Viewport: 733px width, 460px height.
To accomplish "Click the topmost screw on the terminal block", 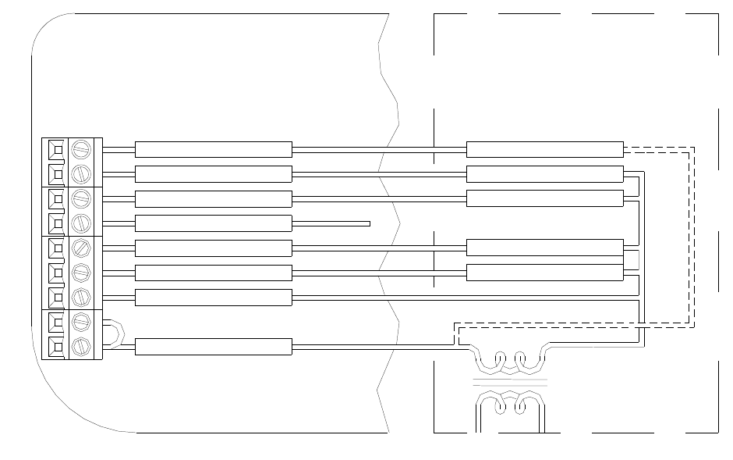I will click(82, 149).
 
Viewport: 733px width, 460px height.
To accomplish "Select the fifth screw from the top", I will click(82, 248).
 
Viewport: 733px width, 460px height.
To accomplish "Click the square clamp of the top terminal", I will click(57, 149).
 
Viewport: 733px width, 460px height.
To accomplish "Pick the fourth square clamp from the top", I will click(57, 223).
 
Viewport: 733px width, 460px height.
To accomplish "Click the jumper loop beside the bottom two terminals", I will click(114, 333).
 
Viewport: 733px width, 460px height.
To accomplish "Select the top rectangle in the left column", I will click(213, 149).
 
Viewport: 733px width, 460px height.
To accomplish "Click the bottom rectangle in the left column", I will click(213, 347).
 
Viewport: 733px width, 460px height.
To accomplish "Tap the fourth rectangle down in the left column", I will click(213, 223).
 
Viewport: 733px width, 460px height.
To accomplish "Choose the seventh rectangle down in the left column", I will click(213, 297).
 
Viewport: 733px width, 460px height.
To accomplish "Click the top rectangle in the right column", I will click(544, 149).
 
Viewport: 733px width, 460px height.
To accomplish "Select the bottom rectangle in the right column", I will click(544, 273).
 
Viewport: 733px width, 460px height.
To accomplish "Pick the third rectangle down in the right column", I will click(544, 198).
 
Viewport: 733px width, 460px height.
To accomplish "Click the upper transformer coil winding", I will click(510, 360).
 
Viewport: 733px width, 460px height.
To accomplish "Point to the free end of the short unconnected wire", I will click(369, 223).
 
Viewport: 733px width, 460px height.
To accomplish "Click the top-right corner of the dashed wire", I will click(692, 147).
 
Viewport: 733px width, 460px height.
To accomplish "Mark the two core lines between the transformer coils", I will click(510, 382).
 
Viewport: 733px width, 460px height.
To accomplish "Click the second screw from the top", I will click(82, 173).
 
